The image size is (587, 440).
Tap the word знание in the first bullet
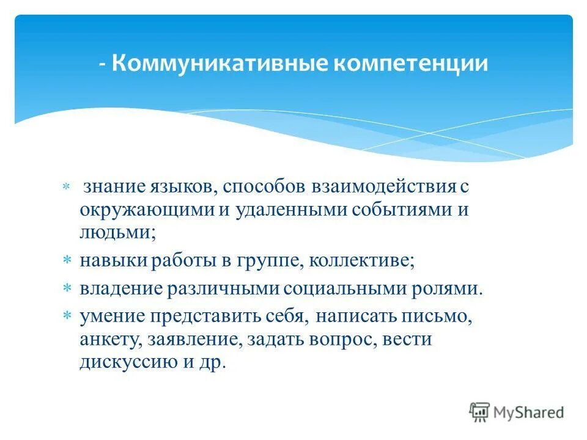pos(114,186)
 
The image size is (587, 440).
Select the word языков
pos(177,186)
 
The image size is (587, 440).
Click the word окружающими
pos(146,210)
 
